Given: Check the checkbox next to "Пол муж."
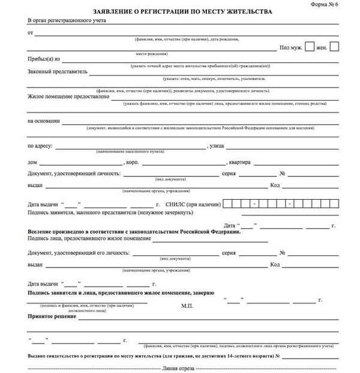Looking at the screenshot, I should tap(310, 46).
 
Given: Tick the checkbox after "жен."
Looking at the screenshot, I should tap(334, 46).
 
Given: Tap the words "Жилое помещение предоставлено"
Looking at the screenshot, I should tap(68, 97).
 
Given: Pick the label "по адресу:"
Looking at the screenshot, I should tap(41, 146).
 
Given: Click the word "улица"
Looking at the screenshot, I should tap(216, 146).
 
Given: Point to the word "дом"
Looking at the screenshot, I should tap(32, 162).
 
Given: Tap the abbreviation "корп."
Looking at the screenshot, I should tap(131, 162).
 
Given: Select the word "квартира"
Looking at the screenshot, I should tap(240, 162).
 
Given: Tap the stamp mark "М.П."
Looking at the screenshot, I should tap(188, 306).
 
